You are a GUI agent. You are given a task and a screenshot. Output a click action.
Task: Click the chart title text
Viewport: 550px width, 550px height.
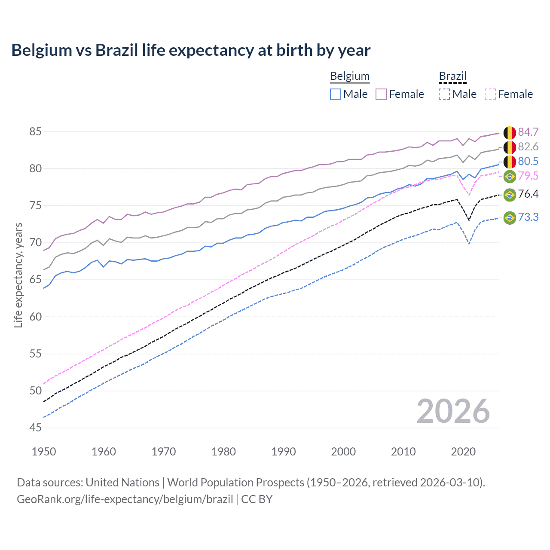pos(191,50)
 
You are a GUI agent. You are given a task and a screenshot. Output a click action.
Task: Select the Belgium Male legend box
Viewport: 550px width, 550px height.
pos(336,94)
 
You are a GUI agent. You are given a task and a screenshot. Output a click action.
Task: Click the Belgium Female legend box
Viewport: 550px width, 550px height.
pos(381,94)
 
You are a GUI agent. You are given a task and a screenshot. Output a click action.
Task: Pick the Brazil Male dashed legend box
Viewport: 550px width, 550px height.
pos(444,94)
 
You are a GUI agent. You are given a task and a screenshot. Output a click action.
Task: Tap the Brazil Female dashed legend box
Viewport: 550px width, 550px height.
pos(490,94)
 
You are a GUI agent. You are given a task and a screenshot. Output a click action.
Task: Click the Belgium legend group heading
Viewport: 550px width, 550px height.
pos(349,76)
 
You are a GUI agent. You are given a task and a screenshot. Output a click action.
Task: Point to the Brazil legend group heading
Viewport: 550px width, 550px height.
pos(452,76)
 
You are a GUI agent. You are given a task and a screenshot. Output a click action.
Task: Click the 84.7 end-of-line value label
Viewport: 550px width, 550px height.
pos(528,132)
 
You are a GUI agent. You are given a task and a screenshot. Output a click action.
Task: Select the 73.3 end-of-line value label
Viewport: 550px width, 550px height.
pos(528,217)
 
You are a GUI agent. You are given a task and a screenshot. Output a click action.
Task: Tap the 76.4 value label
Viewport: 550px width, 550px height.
pos(528,194)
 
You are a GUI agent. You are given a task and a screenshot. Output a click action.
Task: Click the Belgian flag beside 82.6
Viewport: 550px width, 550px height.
pos(510,147)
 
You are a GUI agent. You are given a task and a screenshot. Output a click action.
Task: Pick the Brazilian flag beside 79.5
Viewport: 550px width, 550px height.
pos(510,176)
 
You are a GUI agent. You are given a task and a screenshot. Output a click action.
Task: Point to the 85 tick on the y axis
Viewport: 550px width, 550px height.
pos(36,131)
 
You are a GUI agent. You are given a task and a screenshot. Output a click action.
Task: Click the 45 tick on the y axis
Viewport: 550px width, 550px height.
pos(36,428)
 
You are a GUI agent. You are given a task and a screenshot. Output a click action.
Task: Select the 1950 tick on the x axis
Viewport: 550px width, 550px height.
pos(44,452)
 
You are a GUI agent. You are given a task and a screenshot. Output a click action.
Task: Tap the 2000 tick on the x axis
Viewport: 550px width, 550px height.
pos(343,452)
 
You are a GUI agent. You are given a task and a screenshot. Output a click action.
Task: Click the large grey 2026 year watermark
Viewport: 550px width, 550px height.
pos(453,411)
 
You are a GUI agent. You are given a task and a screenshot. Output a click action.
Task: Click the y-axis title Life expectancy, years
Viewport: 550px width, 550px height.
pos(18,275)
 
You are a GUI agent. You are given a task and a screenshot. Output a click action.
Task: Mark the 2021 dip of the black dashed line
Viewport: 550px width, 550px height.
pos(469,220)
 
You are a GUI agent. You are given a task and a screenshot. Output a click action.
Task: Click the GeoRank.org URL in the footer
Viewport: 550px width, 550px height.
pos(125,499)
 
